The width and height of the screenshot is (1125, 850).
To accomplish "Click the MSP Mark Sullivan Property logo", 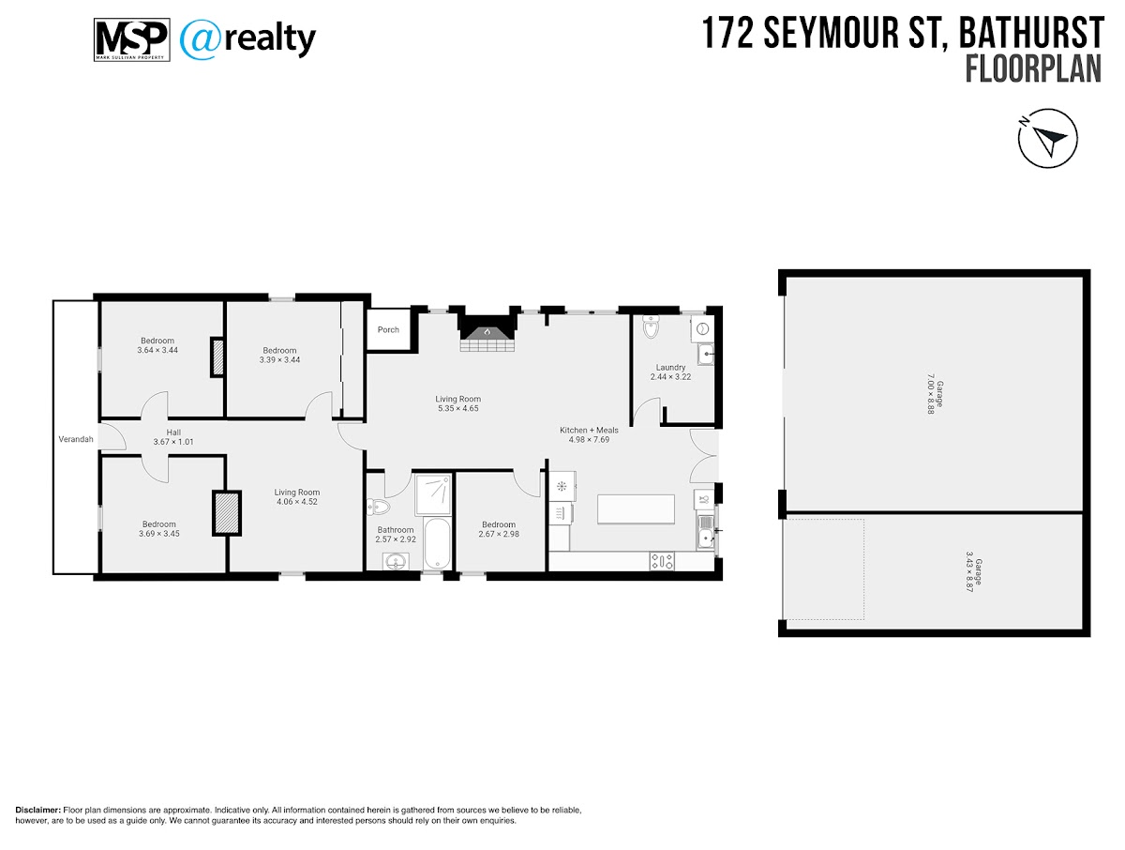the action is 132,39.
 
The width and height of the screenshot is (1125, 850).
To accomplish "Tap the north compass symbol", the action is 1047,138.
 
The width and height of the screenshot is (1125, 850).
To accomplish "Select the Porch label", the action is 388,329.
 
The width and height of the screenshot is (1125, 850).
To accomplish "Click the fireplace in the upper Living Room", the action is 487,334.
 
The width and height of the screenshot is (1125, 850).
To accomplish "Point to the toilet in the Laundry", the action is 651,327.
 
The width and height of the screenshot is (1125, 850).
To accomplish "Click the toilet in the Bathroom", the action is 378,507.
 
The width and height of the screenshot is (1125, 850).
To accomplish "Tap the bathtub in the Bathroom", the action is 437,543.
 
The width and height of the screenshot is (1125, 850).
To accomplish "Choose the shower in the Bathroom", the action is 433,494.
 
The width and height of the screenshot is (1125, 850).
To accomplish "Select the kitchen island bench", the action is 636,508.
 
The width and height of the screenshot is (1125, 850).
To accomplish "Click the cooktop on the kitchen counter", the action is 662,561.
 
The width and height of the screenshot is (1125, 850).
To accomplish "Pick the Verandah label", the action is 76,439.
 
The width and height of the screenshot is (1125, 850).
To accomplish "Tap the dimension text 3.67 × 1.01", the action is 173,441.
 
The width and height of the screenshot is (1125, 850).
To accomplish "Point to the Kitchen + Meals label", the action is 589,430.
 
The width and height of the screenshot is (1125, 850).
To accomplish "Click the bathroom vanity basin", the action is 396,561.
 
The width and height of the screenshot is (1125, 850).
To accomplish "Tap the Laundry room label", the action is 670,367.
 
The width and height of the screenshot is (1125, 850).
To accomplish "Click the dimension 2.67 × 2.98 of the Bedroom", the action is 499,534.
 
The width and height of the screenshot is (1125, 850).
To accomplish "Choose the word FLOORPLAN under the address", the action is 1034,69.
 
